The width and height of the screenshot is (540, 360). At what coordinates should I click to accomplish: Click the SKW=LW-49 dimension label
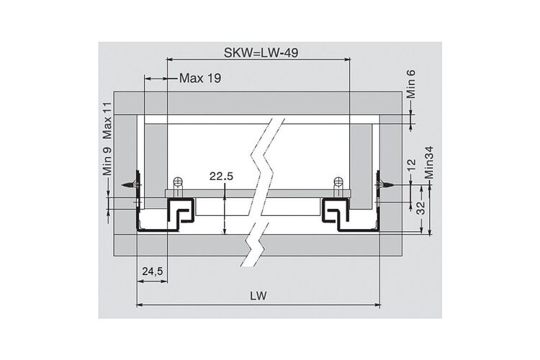click(x=261, y=53)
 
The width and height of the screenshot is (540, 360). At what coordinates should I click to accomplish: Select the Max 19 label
click(x=200, y=78)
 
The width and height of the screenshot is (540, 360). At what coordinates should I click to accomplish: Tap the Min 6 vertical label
click(x=411, y=84)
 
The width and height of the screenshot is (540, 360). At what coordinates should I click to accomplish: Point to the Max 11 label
click(x=107, y=120)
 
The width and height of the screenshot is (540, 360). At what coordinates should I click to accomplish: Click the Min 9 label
click(x=107, y=161)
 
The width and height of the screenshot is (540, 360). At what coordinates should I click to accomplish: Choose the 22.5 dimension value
click(x=221, y=176)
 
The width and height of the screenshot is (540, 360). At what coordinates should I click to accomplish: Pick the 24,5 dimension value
click(x=153, y=271)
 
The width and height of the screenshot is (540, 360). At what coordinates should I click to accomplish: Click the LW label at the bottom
click(x=258, y=296)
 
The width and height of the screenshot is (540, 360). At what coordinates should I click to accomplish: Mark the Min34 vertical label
click(x=429, y=163)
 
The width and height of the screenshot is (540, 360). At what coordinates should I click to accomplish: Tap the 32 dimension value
click(x=421, y=208)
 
